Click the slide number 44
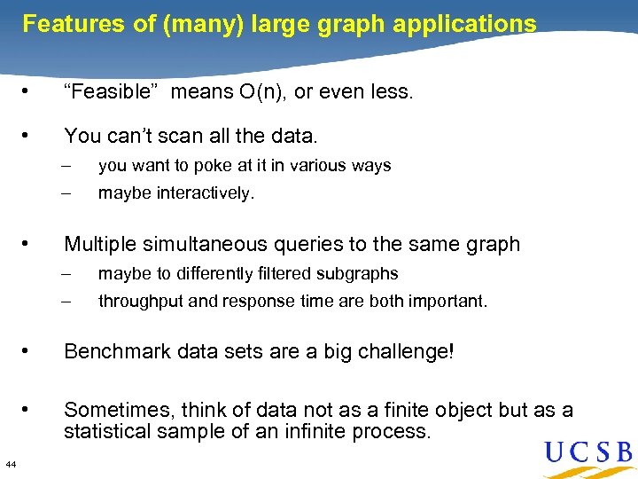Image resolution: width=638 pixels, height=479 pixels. pyautogui.click(x=10, y=464)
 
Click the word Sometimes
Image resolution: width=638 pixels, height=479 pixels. pyautogui.click(x=120, y=410)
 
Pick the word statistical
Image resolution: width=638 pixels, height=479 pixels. pyautogui.click(x=105, y=432)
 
